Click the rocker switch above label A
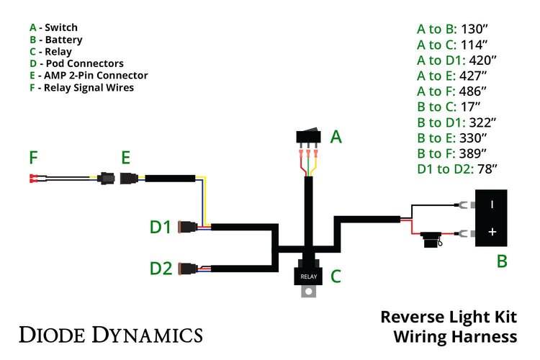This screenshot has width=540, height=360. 308,136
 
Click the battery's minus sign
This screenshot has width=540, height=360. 492,204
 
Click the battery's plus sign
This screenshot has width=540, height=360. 492,232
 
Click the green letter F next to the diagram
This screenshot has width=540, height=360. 33,157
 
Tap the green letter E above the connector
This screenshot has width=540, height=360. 125,157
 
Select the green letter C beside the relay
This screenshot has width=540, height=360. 336,275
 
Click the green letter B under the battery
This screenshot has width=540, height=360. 502,261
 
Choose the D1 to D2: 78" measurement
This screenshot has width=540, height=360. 457,170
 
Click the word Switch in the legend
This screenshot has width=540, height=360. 61,27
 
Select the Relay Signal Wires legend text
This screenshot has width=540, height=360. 89,88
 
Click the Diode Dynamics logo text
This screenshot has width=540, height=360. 110,334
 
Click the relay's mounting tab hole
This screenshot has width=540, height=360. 309,292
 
